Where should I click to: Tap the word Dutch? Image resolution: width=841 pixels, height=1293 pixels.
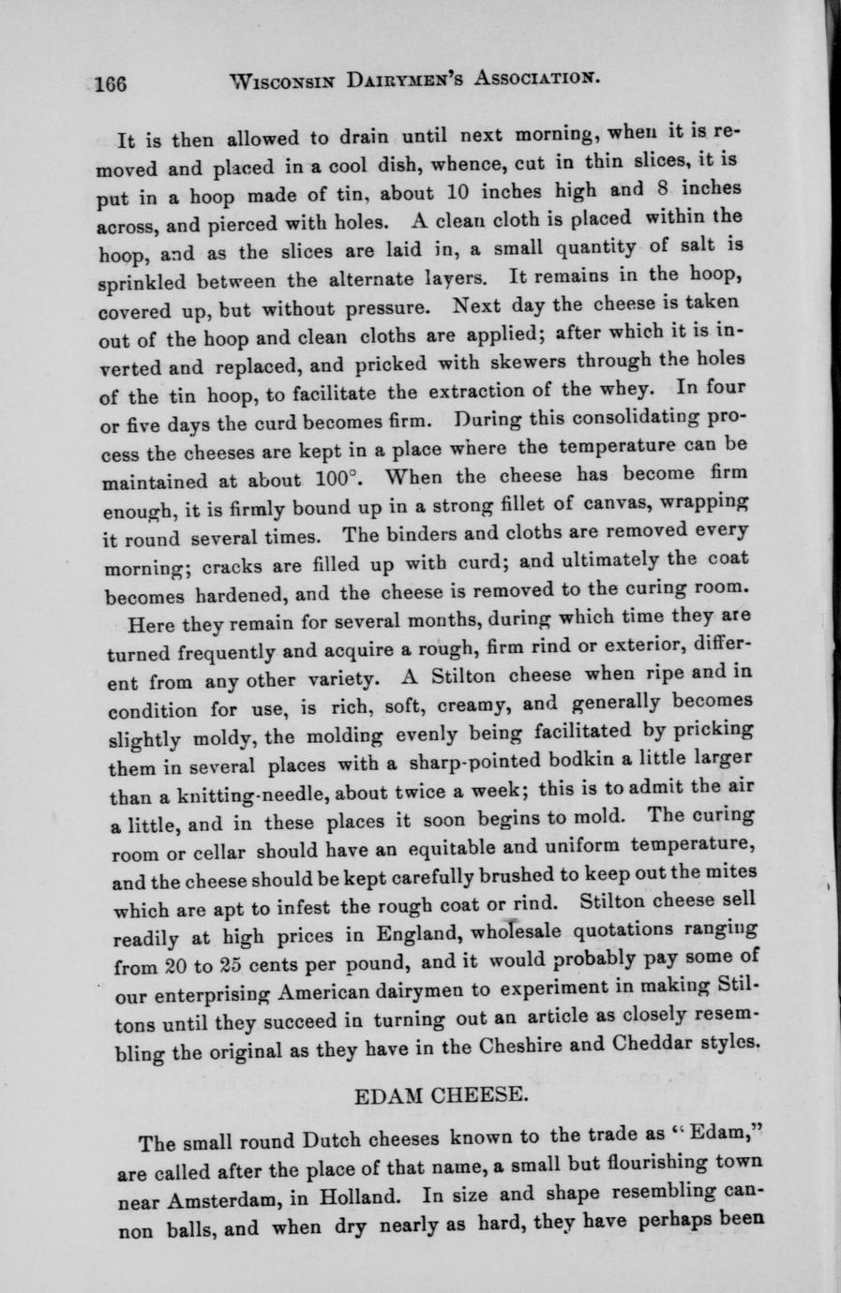334,1142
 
